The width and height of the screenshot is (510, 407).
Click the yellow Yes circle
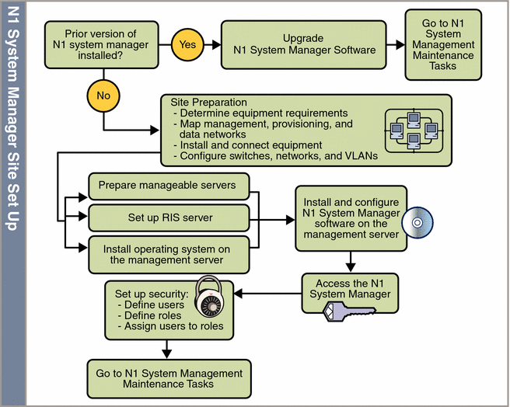click(188, 44)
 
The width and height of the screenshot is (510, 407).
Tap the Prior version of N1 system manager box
click(101, 43)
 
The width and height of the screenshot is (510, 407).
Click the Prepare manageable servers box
click(168, 186)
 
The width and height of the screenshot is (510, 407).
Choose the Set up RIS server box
click(168, 218)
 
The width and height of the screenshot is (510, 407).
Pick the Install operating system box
click(168, 253)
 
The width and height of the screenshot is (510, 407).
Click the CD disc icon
click(417, 223)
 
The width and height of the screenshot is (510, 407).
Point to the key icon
click(349, 313)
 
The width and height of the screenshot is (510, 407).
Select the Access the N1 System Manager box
click(350, 288)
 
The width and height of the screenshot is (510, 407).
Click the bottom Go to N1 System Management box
click(169, 378)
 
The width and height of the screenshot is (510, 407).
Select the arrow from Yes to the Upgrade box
click(212, 44)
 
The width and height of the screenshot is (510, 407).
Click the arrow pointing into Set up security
click(264, 294)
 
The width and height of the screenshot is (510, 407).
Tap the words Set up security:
click(151, 294)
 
